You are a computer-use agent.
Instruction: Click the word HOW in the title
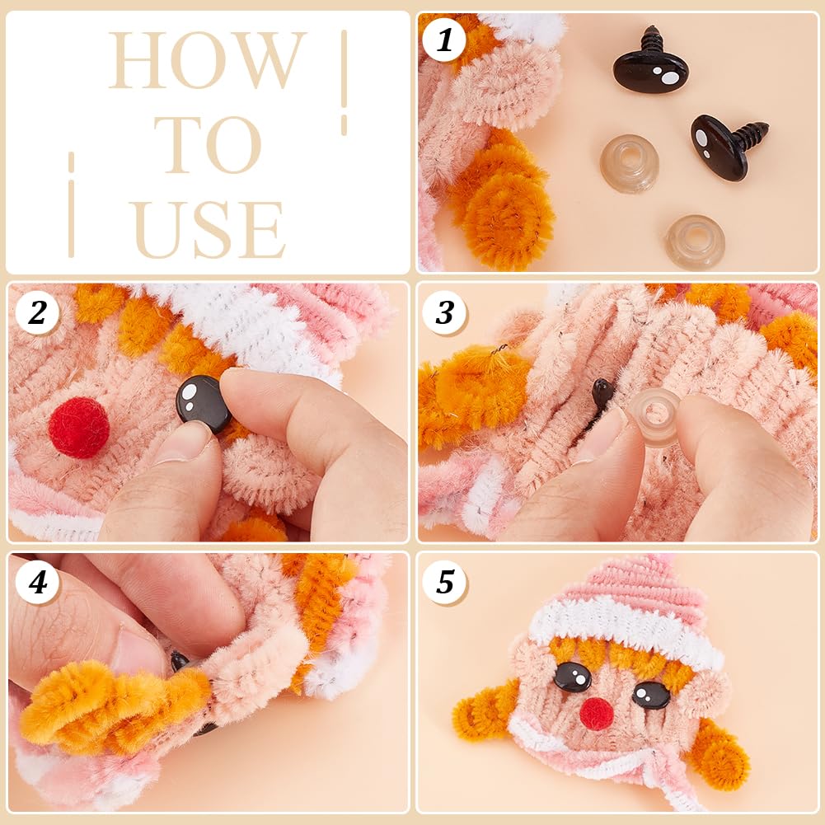[207, 61]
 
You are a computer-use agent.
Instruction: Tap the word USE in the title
[209, 229]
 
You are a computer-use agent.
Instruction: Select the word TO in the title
[208, 145]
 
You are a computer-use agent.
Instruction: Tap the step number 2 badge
[37, 313]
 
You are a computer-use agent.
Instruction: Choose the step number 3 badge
[445, 313]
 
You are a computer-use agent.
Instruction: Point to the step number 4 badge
[37, 583]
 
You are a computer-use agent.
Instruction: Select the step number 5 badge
[445, 583]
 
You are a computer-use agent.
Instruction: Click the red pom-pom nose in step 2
[78, 427]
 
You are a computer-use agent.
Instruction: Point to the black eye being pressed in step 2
[203, 403]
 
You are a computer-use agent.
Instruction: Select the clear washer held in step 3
[656, 416]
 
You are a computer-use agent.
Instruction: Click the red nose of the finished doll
[596, 713]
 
